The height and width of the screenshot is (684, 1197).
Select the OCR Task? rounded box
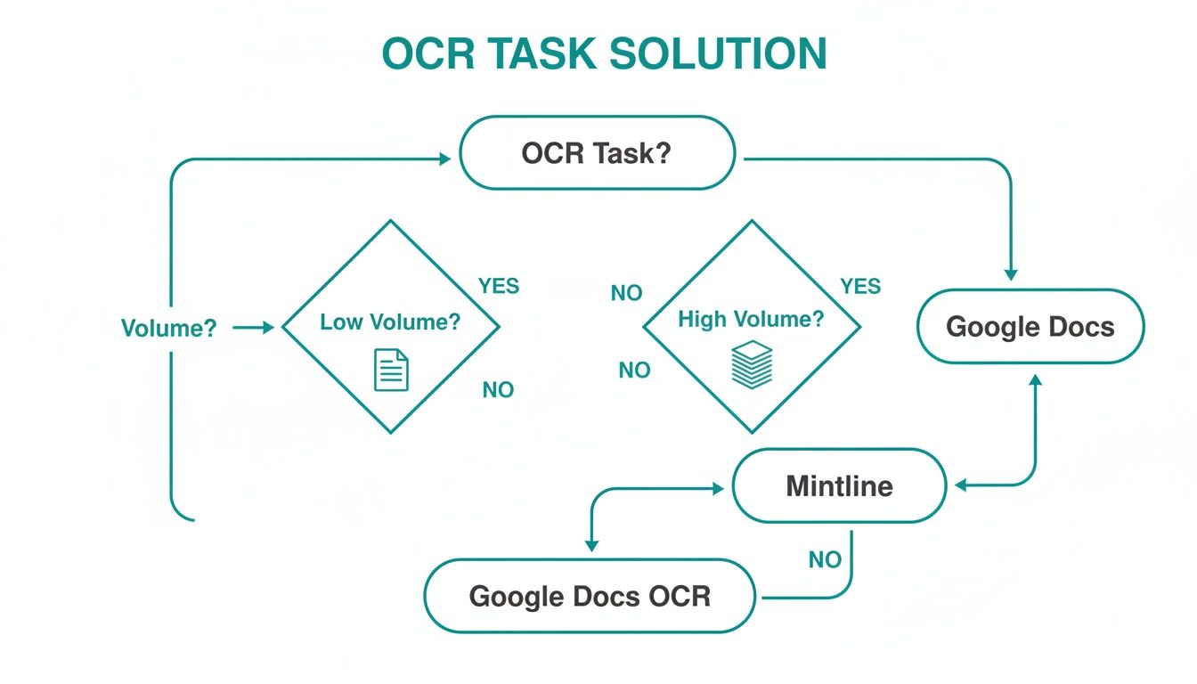[x=597, y=152]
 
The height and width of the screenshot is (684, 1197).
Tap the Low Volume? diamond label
[x=390, y=322]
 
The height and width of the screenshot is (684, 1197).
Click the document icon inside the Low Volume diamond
[x=391, y=370]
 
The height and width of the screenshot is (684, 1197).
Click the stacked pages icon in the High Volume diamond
[x=751, y=362]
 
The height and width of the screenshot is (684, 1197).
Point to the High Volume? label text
[x=751, y=319]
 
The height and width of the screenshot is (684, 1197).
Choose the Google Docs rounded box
[x=1030, y=326]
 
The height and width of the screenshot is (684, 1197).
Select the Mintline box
[x=838, y=485]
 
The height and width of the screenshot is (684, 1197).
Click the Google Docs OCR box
[x=590, y=595]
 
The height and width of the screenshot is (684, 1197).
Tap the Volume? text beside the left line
[x=168, y=328]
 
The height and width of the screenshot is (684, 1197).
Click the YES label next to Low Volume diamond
[x=499, y=286]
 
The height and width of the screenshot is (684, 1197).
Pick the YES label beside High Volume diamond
[x=860, y=286]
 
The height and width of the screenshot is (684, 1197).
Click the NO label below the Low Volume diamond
[x=498, y=390]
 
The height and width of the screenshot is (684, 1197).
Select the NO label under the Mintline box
[x=825, y=559]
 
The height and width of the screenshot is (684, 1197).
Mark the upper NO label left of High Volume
[x=626, y=293]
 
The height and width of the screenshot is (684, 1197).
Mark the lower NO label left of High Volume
[x=634, y=370]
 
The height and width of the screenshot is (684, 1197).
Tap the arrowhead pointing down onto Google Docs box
[x=1011, y=274]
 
